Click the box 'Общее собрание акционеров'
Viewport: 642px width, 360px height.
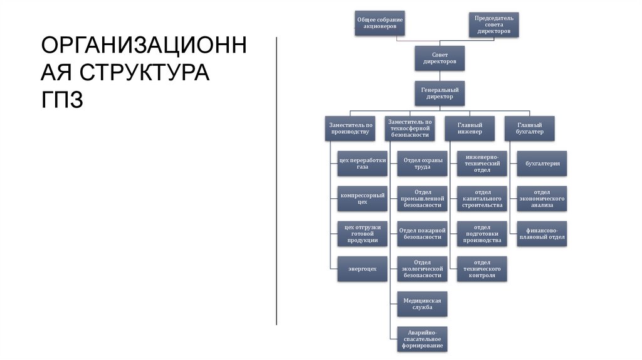pyautogui.click(x=379, y=24)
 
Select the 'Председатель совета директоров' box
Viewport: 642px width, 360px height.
pyautogui.click(x=493, y=24)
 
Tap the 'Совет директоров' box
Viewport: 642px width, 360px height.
pyautogui.click(x=439, y=58)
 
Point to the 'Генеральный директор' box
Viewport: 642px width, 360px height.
pyautogui.click(x=439, y=93)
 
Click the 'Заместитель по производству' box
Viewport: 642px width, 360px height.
pyautogui.click(x=351, y=128)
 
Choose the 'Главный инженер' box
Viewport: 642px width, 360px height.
pyautogui.click(x=470, y=128)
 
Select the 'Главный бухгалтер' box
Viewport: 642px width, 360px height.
pyautogui.click(x=529, y=128)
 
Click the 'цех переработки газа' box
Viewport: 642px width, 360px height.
pyautogui.click(x=354, y=163)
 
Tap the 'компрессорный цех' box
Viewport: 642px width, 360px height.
pyautogui.click(x=354, y=198)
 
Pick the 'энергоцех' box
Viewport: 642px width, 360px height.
pyautogui.click(x=354, y=268)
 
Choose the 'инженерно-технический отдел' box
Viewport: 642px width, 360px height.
pyautogui.click(x=481, y=163)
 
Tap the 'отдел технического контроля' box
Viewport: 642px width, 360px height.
pyautogui.click(x=481, y=268)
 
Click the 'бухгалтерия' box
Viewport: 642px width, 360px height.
pyautogui.click(x=542, y=163)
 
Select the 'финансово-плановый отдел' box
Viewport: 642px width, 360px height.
pyautogui.click(x=542, y=233)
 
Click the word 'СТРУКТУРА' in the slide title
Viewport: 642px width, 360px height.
pyautogui.click(x=125, y=72)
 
